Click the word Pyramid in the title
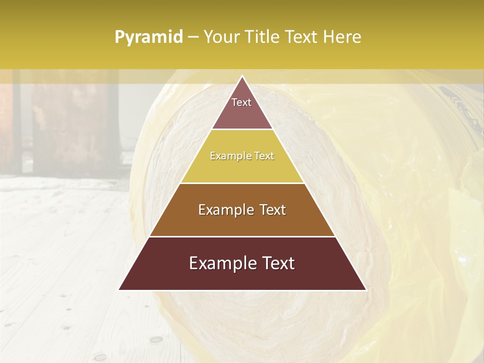point(149,37)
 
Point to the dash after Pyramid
point(193,37)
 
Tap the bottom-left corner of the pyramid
point(119,289)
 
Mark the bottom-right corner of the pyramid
point(366,289)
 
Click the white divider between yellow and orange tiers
point(242,183)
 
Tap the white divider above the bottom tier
point(242,236)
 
